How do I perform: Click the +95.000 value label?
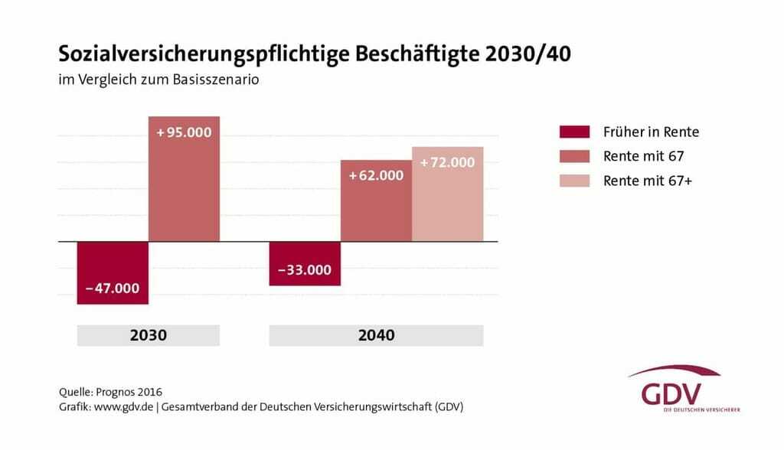(184, 132)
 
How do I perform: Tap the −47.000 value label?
(113, 288)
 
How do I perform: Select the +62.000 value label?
(376, 175)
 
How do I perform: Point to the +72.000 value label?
(447, 162)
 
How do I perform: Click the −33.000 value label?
(304, 269)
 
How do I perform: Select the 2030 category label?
(149, 335)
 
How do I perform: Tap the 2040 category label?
(376, 335)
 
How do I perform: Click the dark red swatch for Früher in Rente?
(575, 132)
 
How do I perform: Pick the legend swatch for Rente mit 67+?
(575, 181)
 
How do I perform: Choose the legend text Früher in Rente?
(651, 132)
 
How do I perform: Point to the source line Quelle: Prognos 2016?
(110, 393)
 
